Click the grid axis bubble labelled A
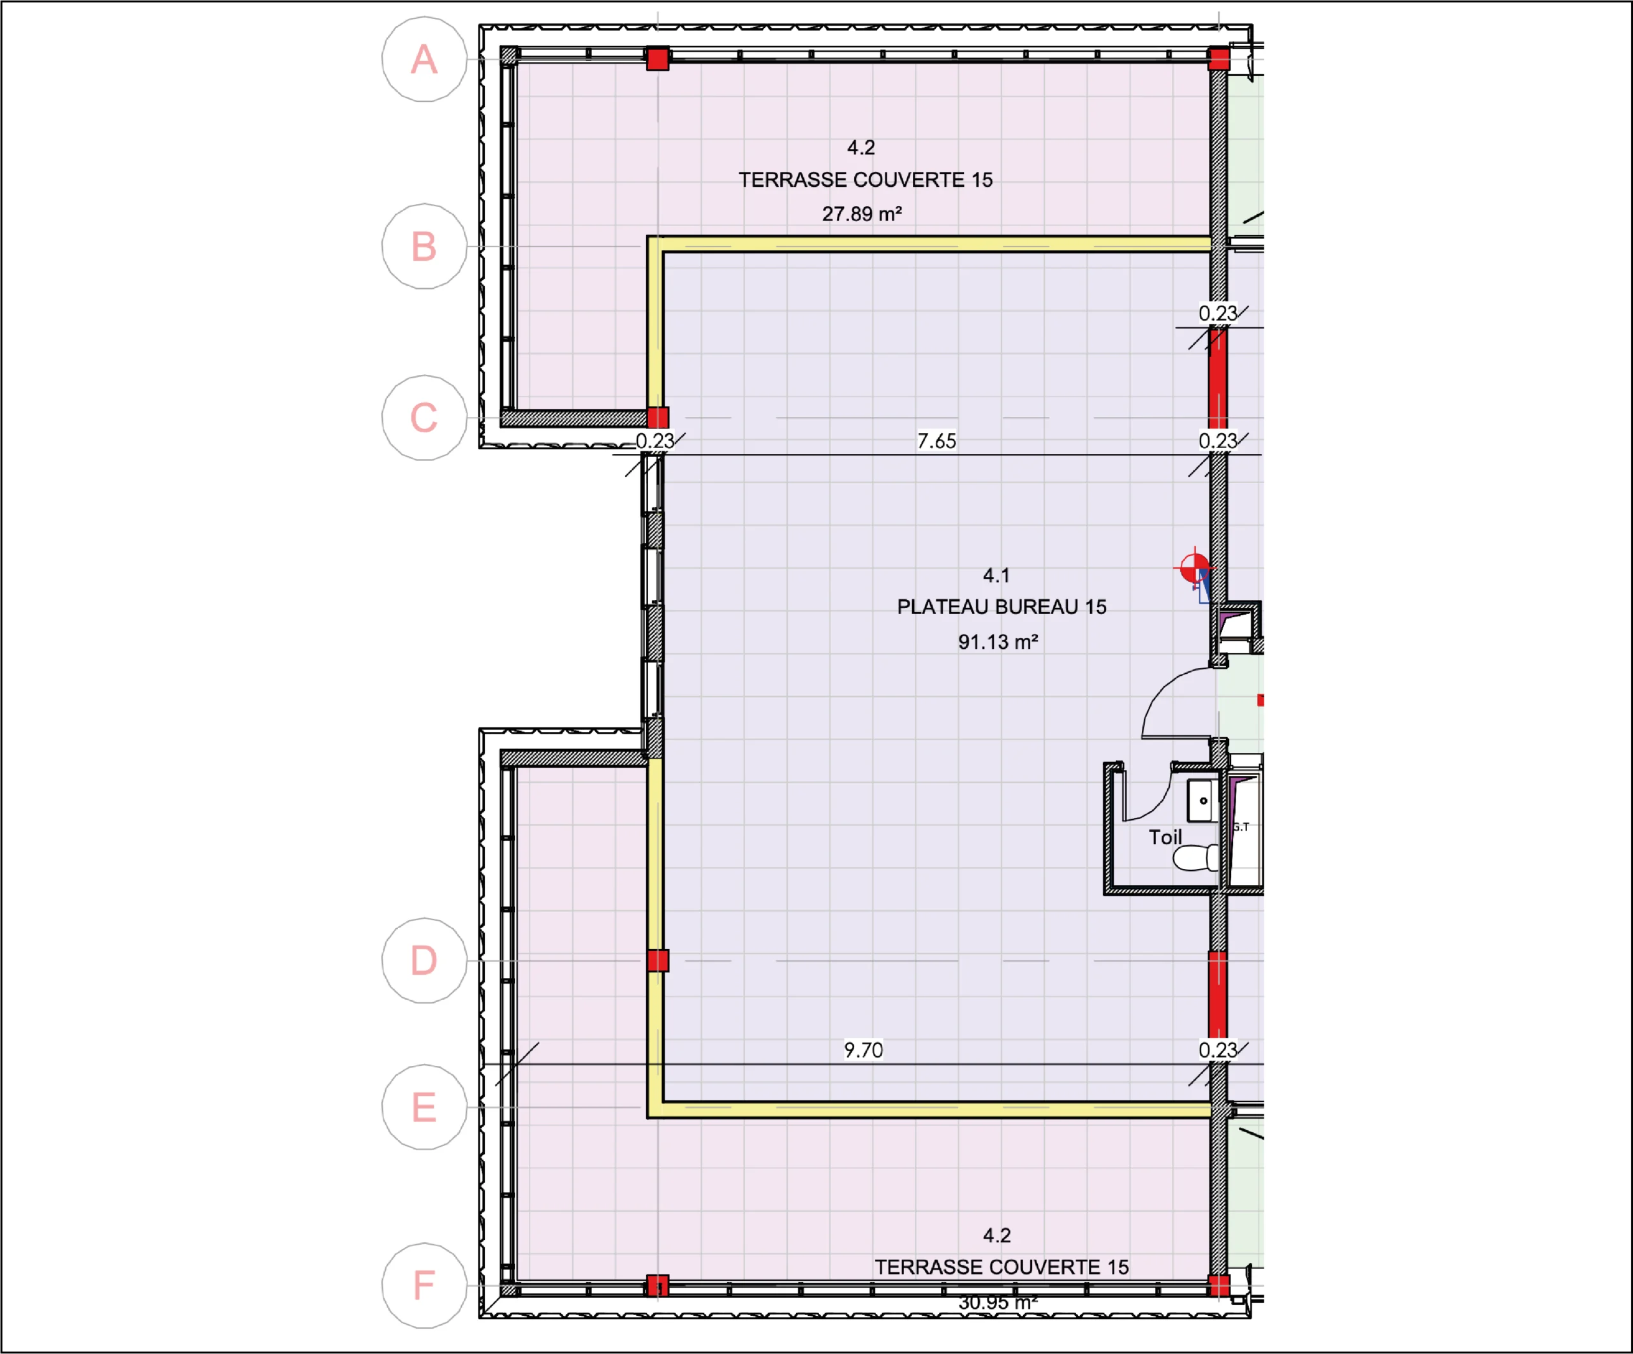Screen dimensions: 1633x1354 click(x=424, y=59)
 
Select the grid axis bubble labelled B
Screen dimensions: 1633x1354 click(x=424, y=247)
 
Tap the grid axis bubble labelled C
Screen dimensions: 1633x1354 click(x=424, y=418)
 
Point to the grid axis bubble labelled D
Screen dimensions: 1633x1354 click(x=424, y=961)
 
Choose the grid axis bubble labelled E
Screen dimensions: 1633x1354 click(x=424, y=1107)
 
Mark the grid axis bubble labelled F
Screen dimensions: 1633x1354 click(x=424, y=1286)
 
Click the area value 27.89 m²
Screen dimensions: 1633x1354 click(x=862, y=214)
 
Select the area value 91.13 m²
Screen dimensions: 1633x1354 click(x=998, y=642)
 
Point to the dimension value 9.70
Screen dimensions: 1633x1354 click(x=863, y=1050)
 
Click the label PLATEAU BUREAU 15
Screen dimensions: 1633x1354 click(x=1001, y=607)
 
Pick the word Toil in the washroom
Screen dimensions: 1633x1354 click(x=1165, y=837)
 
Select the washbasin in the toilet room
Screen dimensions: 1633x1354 click(x=1202, y=801)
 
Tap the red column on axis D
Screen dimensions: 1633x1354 click(x=658, y=961)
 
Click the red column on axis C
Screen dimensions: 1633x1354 click(x=658, y=418)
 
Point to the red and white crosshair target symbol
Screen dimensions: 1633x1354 click(x=1193, y=568)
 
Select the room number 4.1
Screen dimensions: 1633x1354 click(x=996, y=575)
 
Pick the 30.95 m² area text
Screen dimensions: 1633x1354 click(x=998, y=1303)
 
